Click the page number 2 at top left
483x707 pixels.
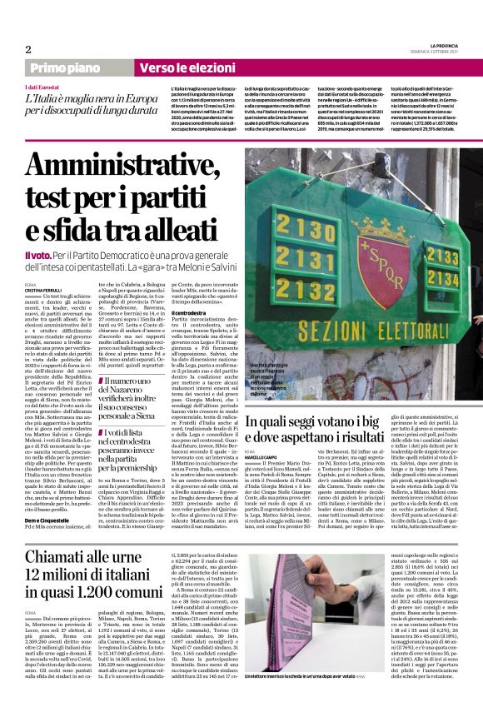pos(28,50)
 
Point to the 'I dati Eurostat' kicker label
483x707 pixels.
pos(42,87)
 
